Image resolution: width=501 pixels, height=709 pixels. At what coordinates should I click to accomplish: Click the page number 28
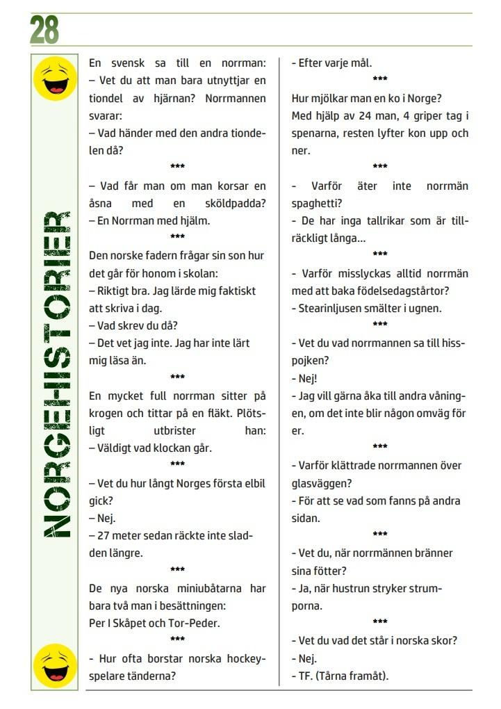[x=44, y=30]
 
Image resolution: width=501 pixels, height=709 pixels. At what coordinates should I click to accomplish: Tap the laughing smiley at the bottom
[x=55, y=665]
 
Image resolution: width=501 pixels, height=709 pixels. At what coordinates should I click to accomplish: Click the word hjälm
[x=195, y=221]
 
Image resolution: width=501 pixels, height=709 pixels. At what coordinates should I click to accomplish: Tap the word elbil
[x=252, y=483]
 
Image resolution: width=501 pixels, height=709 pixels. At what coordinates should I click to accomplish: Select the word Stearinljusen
[x=332, y=308]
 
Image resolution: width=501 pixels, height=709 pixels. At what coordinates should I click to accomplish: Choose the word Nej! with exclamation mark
[x=304, y=378]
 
